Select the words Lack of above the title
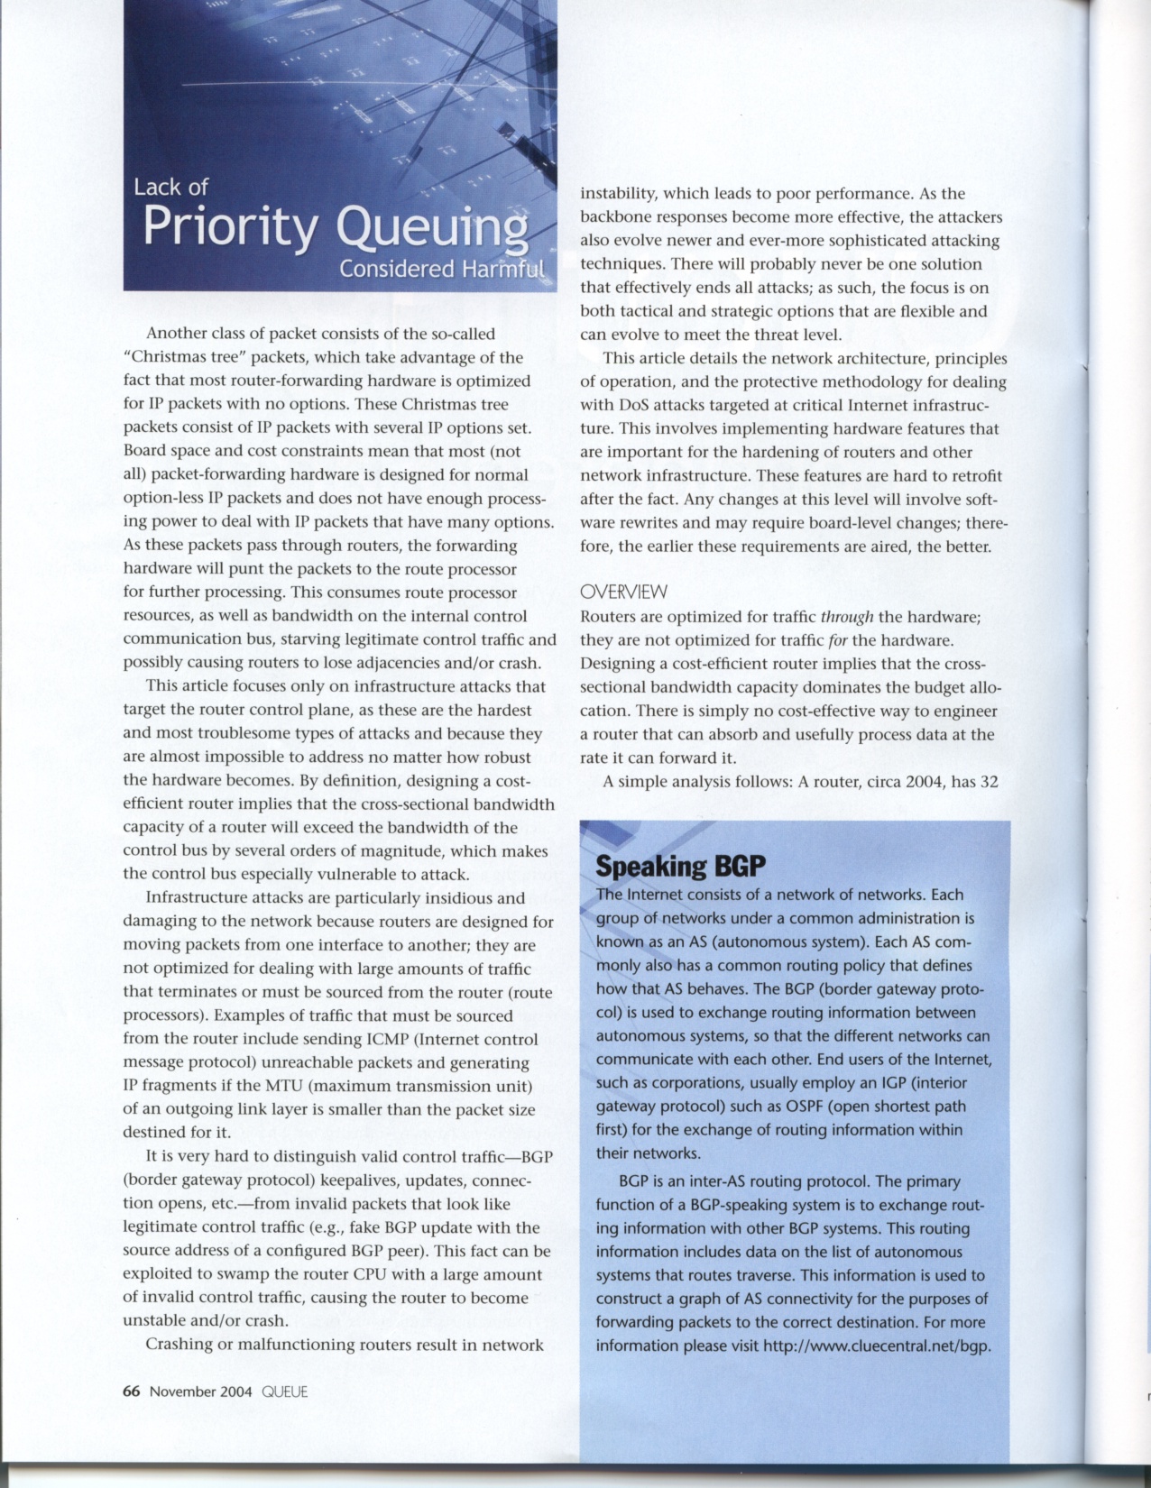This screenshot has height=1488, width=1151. coord(170,187)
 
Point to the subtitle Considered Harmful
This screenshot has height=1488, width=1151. coord(442,271)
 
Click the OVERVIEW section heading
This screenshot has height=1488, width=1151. coord(623,592)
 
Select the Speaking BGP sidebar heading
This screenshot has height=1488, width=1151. coord(680,867)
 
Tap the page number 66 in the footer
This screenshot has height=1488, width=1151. coord(131,1391)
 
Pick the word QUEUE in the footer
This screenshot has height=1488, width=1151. coord(284,1391)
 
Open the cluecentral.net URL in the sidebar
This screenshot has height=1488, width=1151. coord(876,1346)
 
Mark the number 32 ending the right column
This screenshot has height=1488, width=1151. coord(988,781)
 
